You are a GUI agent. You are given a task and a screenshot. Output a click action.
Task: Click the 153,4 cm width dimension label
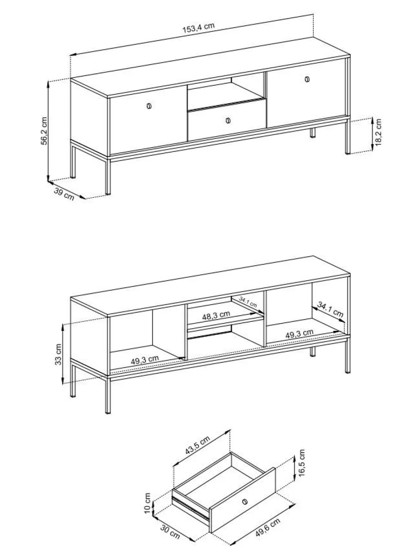pyautogui.click(x=199, y=28)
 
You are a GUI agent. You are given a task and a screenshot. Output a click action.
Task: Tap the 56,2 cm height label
pyautogui.click(x=44, y=131)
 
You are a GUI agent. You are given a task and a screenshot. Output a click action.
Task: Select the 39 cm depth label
pyautogui.click(x=64, y=194)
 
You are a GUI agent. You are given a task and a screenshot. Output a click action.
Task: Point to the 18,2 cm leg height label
pyautogui.click(x=378, y=132)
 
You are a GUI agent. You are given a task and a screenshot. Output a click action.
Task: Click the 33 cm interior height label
pyautogui.click(x=58, y=355)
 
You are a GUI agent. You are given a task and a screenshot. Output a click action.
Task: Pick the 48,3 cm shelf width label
pyautogui.click(x=216, y=315)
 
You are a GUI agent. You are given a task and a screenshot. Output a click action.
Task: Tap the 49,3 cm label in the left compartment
pyautogui.click(x=145, y=360)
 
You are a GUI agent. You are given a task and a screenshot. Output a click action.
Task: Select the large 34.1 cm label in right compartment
pyautogui.click(x=330, y=310)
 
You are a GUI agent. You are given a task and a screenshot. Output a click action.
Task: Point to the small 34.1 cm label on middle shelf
pyautogui.click(x=248, y=302)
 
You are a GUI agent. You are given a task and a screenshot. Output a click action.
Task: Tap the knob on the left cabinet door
pyautogui.click(x=149, y=106)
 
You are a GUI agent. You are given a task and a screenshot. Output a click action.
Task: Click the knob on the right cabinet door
pyautogui.click(x=307, y=79)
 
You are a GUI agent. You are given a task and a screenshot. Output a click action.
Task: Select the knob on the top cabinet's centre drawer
pyautogui.click(x=228, y=120)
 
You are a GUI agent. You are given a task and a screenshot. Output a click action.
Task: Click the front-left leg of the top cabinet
pyautogui.click(x=108, y=177)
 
